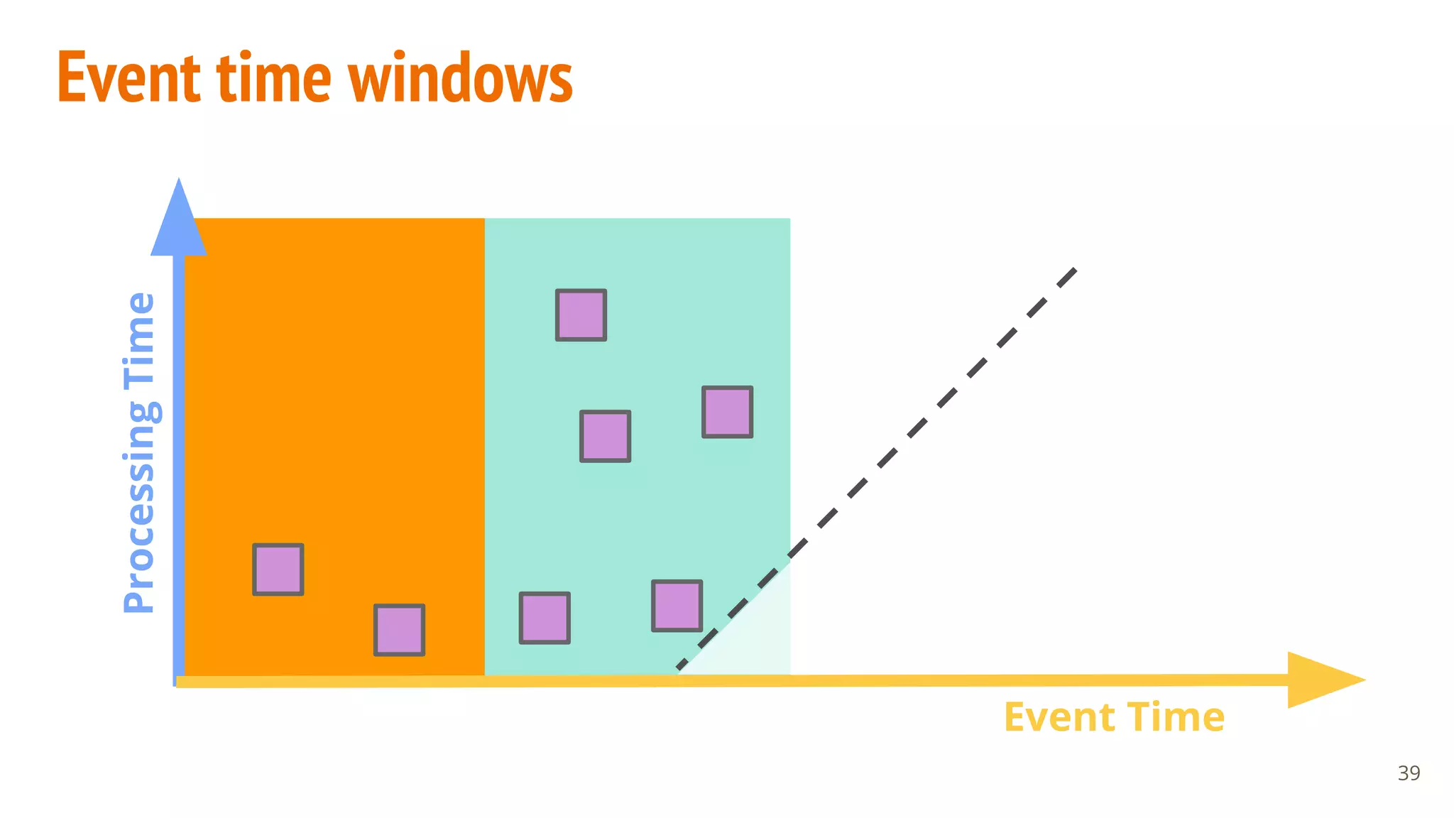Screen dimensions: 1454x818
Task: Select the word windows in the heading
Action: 461,77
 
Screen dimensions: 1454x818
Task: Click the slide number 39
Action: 1409,773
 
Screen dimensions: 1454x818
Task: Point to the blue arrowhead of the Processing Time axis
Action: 179,220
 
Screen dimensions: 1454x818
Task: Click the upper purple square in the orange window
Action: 278,569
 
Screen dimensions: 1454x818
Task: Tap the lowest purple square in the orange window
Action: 400,630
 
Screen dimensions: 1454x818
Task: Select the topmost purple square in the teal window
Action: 581,315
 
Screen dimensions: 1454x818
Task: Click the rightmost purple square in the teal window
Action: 728,412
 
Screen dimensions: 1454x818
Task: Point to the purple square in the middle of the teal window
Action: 606,436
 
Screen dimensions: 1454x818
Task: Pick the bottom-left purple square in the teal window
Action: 545,618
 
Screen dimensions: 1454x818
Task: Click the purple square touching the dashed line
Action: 677,606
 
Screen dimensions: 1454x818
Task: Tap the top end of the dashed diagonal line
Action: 1074,271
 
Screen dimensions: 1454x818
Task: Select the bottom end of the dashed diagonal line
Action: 680,667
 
